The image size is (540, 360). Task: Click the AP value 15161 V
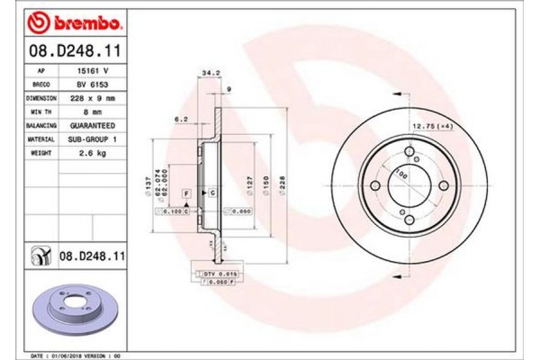click(89, 67)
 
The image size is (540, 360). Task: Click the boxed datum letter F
click(185, 193)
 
